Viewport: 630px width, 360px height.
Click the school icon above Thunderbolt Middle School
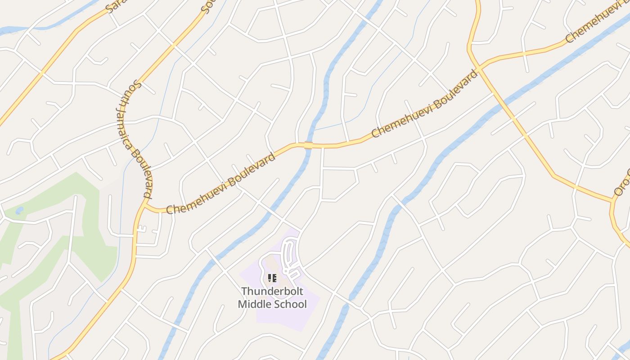272,278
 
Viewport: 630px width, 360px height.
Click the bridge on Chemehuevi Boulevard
308,145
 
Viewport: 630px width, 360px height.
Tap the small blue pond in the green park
19,210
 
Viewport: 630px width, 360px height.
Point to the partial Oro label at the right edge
623,183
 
